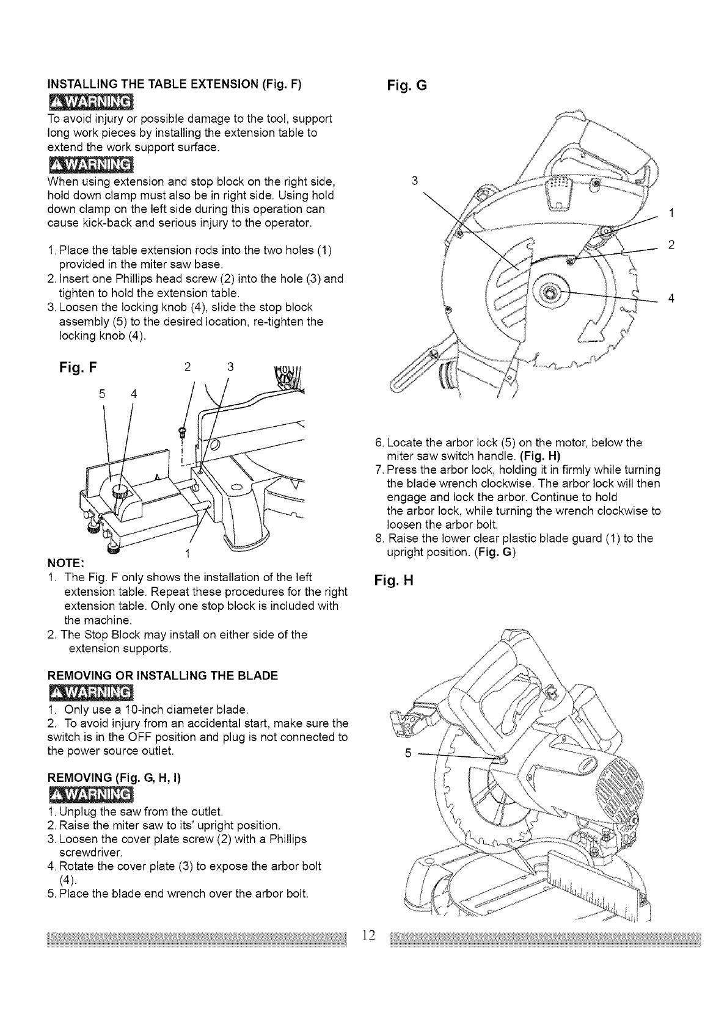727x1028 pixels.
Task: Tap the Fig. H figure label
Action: (x=394, y=581)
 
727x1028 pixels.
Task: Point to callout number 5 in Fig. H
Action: (x=408, y=753)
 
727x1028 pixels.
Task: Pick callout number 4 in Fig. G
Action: (x=671, y=299)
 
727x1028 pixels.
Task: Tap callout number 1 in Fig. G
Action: (x=671, y=213)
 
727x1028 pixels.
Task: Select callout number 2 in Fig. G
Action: (x=671, y=245)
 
